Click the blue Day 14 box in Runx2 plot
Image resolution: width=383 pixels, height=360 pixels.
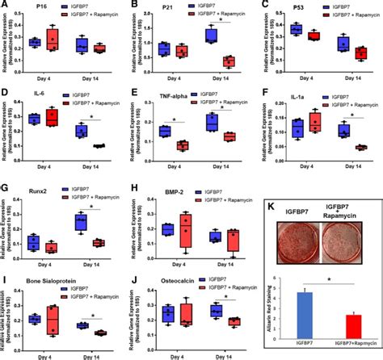[81, 222]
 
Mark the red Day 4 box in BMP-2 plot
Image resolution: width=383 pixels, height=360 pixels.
[187, 230]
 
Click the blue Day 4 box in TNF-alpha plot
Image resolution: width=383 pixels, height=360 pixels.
[165, 132]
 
